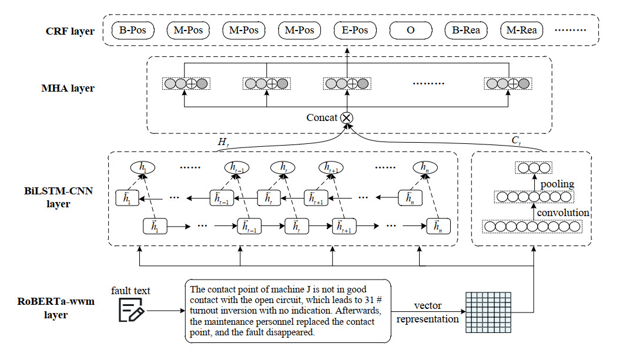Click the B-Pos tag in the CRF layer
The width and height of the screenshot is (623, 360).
point(133,29)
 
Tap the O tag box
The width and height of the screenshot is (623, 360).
point(410,29)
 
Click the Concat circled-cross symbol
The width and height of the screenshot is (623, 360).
point(347,117)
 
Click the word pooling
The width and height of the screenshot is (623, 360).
point(557,184)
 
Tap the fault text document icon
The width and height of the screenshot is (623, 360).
point(131,310)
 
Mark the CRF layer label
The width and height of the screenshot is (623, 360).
point(69,31)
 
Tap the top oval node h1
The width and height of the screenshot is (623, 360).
point(142,168)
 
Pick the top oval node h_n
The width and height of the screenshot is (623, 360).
point(425,168)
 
